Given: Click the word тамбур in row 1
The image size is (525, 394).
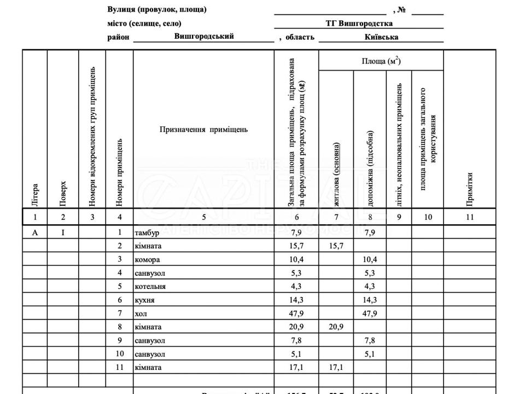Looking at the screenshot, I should point(147,233).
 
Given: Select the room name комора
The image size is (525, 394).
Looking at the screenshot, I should point(147,260).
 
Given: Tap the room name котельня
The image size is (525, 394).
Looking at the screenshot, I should point(150,287).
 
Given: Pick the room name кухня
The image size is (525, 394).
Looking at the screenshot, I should point(144,300).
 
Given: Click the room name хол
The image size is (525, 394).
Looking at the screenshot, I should point(141,314).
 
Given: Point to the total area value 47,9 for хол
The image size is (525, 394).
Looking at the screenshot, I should point(296,314).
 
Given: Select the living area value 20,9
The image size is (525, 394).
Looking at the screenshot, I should point(336,327).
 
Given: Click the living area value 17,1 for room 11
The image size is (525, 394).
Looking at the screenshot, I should point(336,368).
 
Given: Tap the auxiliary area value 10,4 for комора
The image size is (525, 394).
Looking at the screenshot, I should point(371,260).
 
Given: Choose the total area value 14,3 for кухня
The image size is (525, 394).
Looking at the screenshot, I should point(296,300).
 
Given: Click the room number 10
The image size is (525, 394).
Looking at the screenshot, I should point(120,354).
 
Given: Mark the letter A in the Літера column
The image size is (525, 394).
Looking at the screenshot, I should point(35,233).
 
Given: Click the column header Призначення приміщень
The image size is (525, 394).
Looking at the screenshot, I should point(203,130).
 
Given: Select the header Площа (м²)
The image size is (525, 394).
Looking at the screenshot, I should point(381,61).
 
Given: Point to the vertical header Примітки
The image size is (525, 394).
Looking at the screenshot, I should point(469,189).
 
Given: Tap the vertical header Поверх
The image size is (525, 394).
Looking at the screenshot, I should point(63,194).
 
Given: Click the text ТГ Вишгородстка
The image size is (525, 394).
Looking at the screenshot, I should point(358,24).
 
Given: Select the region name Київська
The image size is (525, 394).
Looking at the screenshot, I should point(381,37).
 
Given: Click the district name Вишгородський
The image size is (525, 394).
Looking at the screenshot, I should point(204,36).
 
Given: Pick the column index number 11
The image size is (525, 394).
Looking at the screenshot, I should point(469,217).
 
